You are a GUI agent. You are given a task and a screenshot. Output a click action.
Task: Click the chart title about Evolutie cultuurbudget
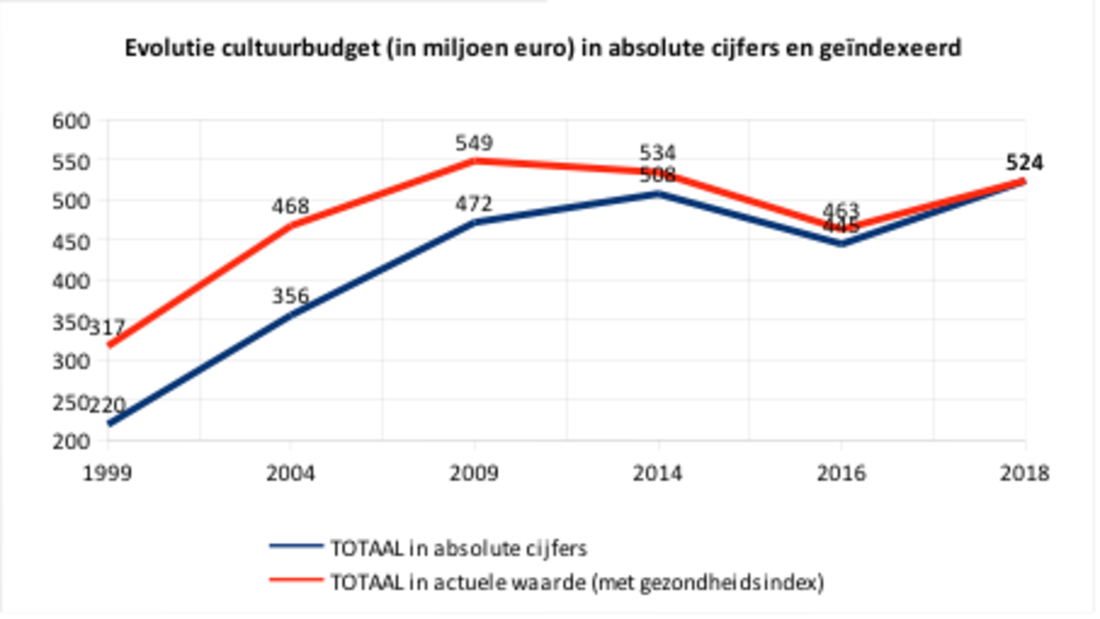coord(543,49)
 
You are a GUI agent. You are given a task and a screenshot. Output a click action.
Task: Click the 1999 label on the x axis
coord(108,474)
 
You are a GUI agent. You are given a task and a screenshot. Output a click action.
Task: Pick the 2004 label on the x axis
coord(291,474)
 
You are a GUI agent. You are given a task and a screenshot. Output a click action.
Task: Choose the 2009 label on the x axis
coord(474,474)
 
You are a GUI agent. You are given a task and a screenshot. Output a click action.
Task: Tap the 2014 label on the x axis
coord(657,474)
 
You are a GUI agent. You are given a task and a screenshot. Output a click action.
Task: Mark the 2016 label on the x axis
coord(841,474)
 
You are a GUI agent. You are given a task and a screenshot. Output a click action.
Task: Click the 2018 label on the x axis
coord(1025,474)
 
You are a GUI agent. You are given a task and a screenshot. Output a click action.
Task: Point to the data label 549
coord(474,143)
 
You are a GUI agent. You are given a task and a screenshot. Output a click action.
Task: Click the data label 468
coord(291,206)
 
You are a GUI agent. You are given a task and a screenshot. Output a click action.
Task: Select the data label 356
coord(291,296)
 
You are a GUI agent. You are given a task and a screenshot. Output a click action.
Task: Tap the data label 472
coord(474,204)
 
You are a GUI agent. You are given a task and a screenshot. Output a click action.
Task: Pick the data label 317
coord(108,327)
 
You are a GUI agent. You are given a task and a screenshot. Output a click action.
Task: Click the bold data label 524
coord(1024,163)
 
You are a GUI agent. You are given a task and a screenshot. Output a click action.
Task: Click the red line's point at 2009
coord(474,160)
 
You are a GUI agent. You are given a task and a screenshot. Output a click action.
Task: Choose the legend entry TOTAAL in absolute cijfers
coord(456,548)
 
